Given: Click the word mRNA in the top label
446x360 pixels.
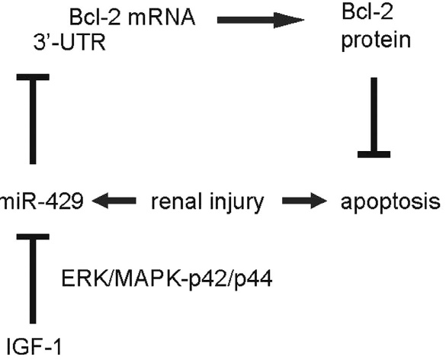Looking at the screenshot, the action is coord(162,18).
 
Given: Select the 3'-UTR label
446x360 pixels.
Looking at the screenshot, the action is coord(69,43).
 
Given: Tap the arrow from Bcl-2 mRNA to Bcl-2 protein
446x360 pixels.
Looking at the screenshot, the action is coord(261,20).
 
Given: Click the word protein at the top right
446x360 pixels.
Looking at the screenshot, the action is coord(376,40).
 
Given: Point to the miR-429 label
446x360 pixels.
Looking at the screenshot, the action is coord(42,201).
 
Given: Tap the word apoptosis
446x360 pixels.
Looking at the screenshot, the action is coord(390,202).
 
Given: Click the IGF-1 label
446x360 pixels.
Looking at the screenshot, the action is coord(34,346).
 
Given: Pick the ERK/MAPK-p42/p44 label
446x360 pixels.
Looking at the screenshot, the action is coord(167,279).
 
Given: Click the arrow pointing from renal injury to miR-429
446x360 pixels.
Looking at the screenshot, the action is coord(114,201).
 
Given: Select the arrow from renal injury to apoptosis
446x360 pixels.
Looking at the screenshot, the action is coord(304,201).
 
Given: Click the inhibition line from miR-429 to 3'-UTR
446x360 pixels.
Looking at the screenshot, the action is coord(33,119).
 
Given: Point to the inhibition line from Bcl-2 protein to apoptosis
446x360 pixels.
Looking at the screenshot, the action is coord(374,117).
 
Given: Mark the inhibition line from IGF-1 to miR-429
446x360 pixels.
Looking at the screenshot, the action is coord(33,278).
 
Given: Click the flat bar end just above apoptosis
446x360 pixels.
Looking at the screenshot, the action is coord(374,155).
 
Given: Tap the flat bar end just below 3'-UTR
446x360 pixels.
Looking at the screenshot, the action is coord(33,77).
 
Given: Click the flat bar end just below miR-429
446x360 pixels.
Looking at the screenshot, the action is coord(33,236).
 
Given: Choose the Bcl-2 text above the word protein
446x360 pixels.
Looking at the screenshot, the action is coord(367,12).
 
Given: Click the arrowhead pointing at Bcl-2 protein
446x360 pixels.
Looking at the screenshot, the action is coord(289,20).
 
